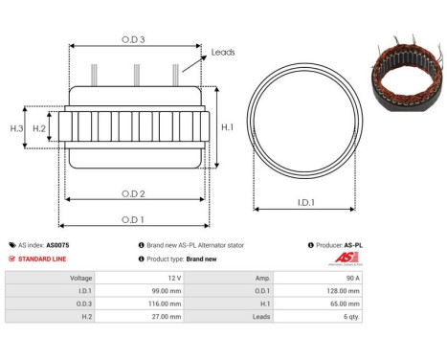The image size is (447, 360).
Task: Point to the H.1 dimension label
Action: pos(228,126)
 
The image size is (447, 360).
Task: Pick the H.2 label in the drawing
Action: pos(39,127)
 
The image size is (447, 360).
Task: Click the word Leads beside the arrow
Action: pos(223,53)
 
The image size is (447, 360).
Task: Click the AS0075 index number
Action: pos(58,245)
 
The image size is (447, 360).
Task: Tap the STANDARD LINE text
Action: pos(43,259)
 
